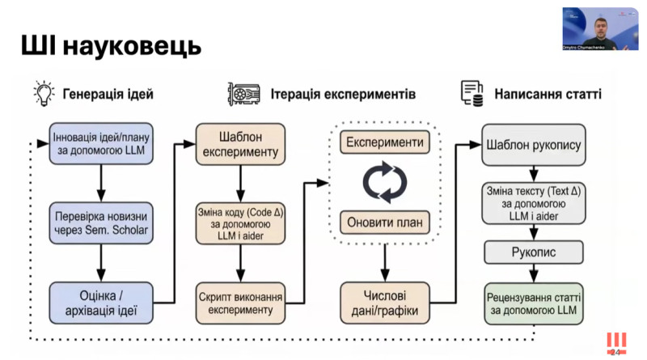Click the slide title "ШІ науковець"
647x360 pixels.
(111, 46)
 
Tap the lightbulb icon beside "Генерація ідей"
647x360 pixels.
(43, 93)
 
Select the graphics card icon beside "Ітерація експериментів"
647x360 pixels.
(243, 93)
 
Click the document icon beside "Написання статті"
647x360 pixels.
(472, 93)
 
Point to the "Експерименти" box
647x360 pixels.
(384, 142)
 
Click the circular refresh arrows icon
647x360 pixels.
(384, 182)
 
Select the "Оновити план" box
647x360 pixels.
(384, 221)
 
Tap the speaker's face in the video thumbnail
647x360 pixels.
(599, 25)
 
